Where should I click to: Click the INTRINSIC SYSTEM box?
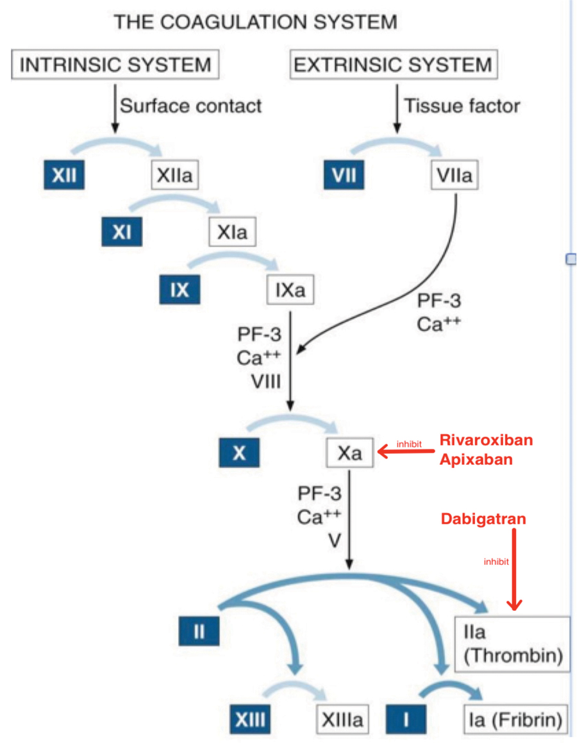pos(115,65)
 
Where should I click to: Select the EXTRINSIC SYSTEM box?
pos(392,65)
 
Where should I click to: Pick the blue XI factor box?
pos(122,232)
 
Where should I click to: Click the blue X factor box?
pos(239,453)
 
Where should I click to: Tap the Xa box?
pos(350,453)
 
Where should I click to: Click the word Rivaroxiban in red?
pos(486,441)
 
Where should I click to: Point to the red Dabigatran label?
pos(483,519)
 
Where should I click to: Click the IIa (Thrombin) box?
pos(512,644)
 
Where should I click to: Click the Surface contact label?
pos(191,105)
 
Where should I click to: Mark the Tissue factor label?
pos(462,105)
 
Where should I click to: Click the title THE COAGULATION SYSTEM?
pos(255,22)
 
